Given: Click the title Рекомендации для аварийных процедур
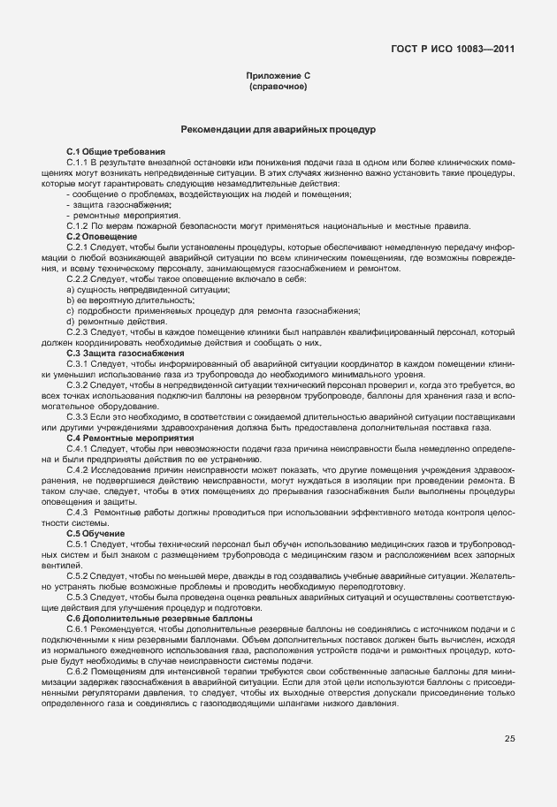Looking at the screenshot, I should point(278,130).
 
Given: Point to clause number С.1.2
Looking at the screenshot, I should point(79,226).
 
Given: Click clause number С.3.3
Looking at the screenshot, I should point(79,416).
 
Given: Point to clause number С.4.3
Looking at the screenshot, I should point(79,513).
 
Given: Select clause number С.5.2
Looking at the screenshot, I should point(79,575).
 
